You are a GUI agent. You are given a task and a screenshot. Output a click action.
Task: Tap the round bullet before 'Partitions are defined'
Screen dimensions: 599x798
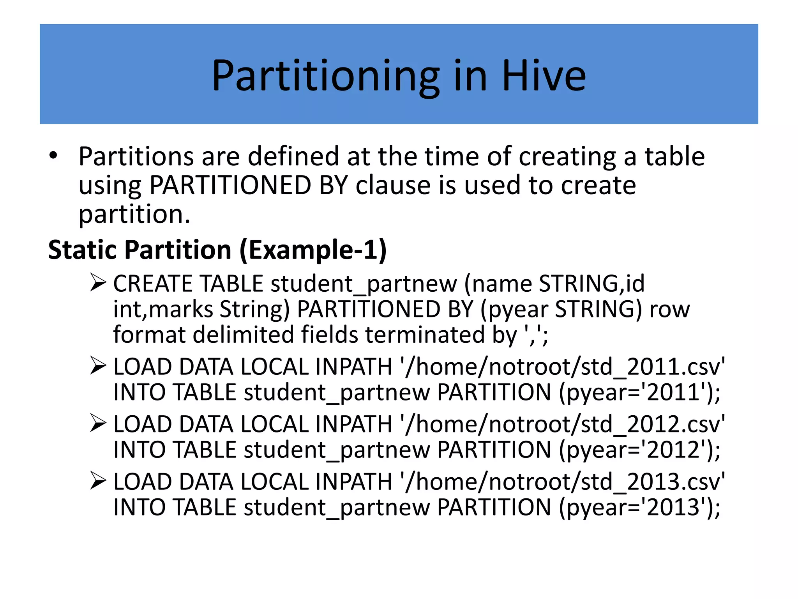[x=53, y=156]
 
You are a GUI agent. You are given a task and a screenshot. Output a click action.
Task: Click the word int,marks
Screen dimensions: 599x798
[x=163, y=309]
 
